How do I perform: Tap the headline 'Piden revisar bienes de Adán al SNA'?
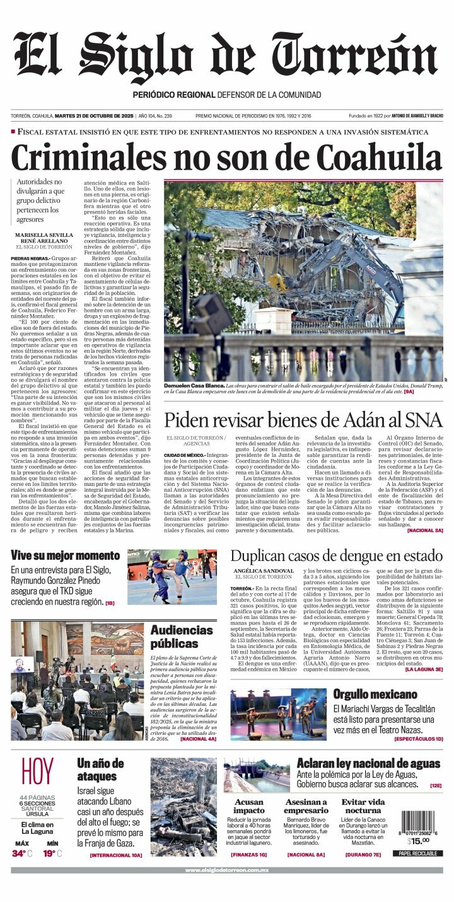tap(303, 419)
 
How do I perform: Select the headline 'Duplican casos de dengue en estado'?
tap(336, 556)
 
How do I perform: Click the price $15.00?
tap(417, 840)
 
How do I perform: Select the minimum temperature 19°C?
tap(52, 853)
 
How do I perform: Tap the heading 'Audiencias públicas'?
tap(182, 637)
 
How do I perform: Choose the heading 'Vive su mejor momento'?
tap(65, 556)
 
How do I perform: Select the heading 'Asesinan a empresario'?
tap(306, 806)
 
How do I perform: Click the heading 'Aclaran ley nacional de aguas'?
tap(368, 763)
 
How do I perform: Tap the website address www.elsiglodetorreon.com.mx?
tap(227, 870)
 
